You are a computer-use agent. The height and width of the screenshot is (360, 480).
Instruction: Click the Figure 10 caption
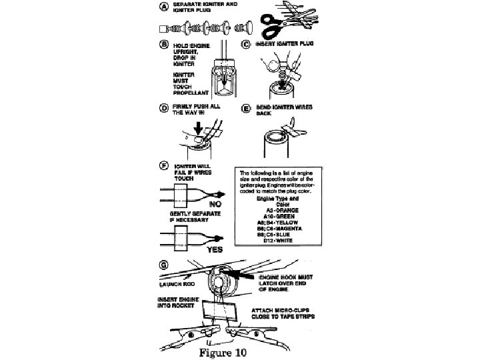[x=223, y=352]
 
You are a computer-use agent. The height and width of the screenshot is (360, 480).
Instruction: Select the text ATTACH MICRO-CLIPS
[x=281, y=311]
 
